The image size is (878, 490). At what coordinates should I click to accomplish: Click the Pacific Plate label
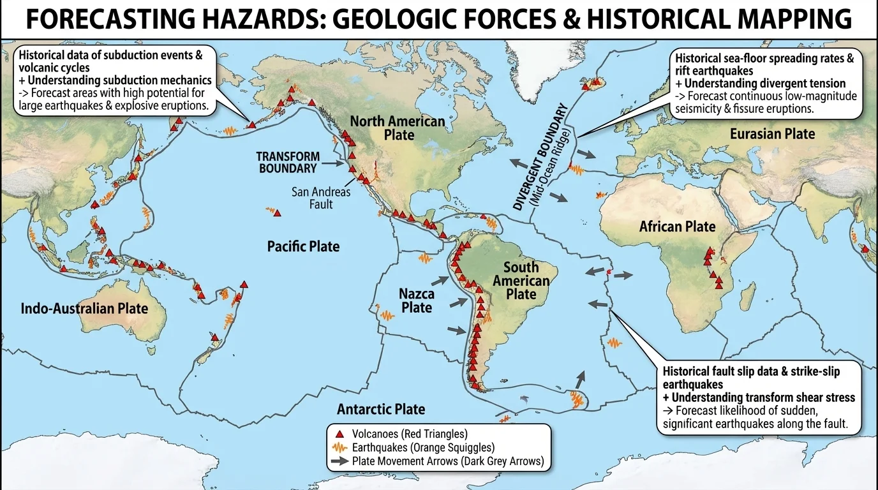[x=303, y=246]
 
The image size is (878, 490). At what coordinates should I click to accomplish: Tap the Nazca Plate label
[x=417, y=301]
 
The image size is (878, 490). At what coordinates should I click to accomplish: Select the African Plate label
[x=678, y=226]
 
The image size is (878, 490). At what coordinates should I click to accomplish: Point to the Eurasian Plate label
[x=772, y=133]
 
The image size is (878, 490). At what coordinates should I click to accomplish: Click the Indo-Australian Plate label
[x=84, y=309]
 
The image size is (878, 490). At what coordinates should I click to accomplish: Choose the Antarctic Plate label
[x=381, y=409]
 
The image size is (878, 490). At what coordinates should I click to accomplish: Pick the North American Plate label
[x=398, y=128]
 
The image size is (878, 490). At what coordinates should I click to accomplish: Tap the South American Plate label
[x=521, y=281]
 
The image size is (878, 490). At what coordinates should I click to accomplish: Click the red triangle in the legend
[x=339, y=434]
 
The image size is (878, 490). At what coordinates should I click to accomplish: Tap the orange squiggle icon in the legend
[x=339, y=448]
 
